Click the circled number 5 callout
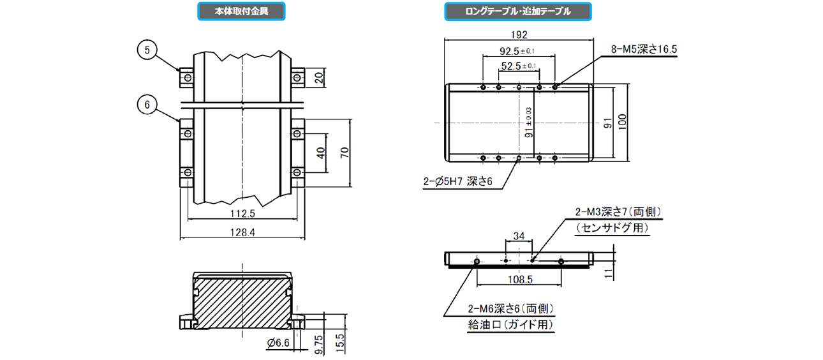click(147, 49)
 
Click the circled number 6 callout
click(147, 104)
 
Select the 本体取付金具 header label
click(241, 11)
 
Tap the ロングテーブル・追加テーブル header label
click(517, 11)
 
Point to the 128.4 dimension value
click(242, 234)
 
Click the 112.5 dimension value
click(242, 214)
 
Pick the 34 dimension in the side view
click(519, 236)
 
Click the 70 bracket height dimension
click(345, 153)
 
